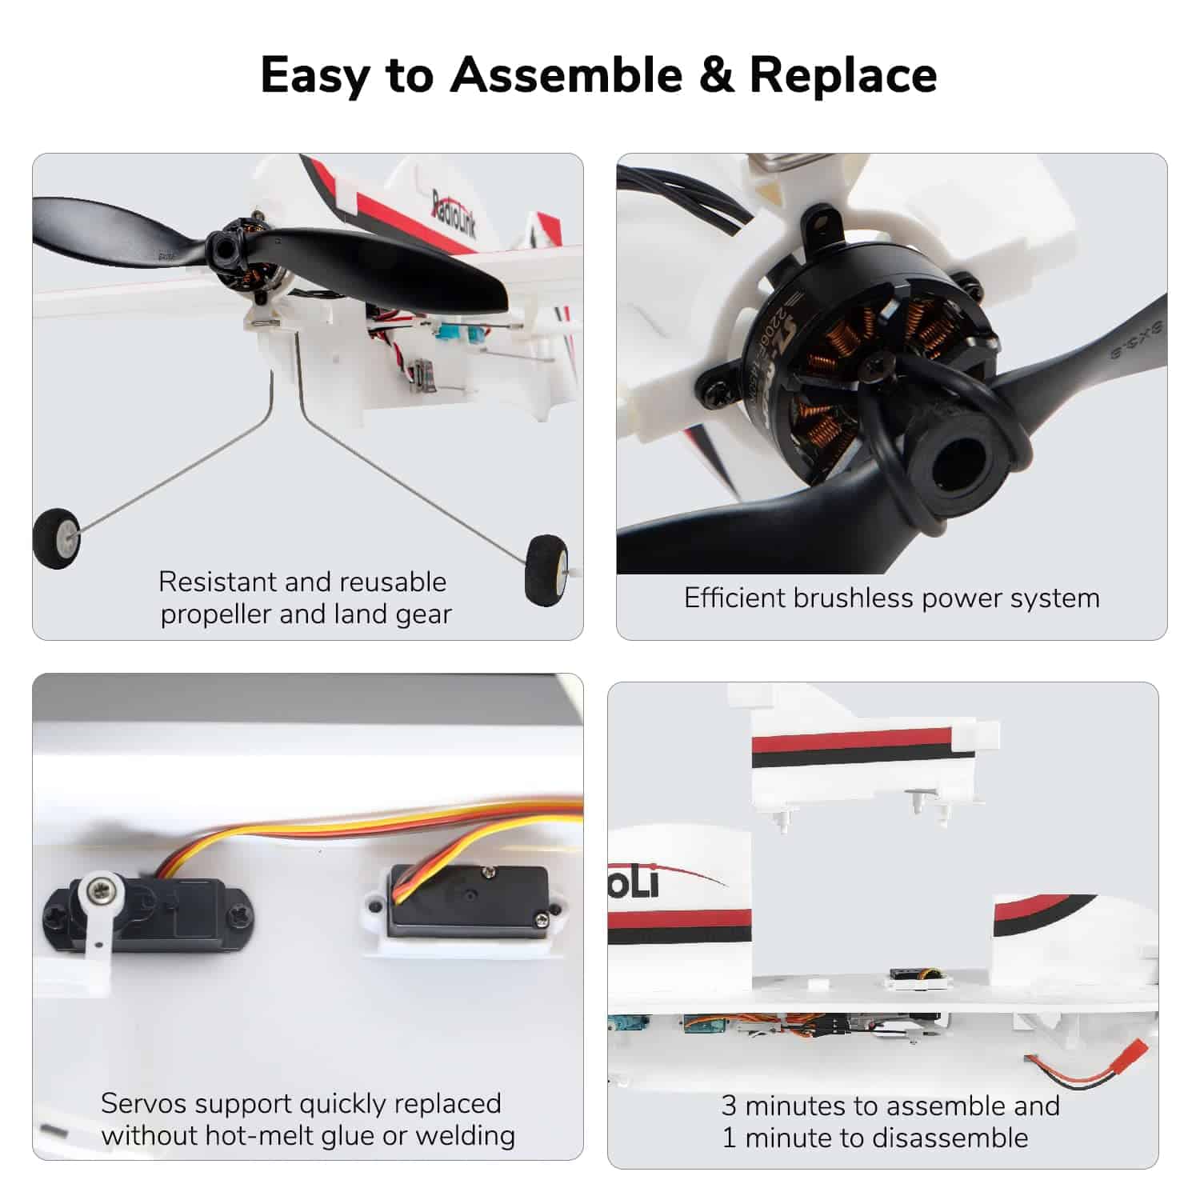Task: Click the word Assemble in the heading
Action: pyautogui.click(x=566, y=75)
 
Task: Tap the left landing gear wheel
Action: pyautogui.click(x=57, y=540)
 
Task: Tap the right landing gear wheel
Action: pyautogui.click(x=546, y=570)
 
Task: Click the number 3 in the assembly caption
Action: pyautogui.click(x=728, y=1105)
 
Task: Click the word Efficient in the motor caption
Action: pyautogui.click(x=734, y=598)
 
